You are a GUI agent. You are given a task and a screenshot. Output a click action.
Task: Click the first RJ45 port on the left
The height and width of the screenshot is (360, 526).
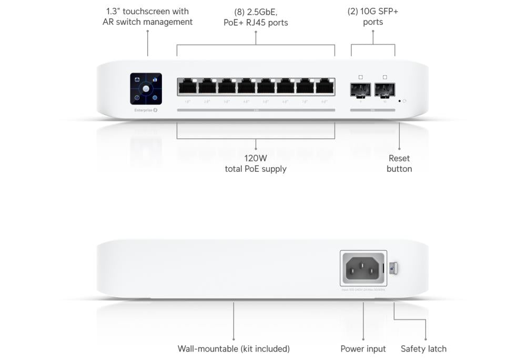pyautogui.click(x=187, y=87)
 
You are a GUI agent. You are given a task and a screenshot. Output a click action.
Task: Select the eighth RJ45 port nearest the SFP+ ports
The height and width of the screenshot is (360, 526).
pyautogui.click(x=325, y=87)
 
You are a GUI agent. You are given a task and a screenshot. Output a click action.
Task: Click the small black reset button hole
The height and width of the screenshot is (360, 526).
pyautogui.click(x=399, y=101)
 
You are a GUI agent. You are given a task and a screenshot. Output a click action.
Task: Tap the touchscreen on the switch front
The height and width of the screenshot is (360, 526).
pyautogui.click(x=146, y=89)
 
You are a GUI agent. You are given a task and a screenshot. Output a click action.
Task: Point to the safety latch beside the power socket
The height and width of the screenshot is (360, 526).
pyautogui.click(x=394, y=268)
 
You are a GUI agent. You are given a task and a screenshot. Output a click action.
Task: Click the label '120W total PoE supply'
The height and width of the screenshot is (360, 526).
pyautogui.click(x=256, y=163)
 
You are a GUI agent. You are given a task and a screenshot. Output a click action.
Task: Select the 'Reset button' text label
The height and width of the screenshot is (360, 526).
pyautogui.click(x=399, y=163)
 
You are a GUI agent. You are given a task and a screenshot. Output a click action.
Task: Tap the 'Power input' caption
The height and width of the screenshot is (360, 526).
pyautogui.click(x=363, y=348)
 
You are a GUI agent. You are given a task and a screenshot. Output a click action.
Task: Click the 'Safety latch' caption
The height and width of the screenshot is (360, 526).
pyautogui.click(x=423, y=348)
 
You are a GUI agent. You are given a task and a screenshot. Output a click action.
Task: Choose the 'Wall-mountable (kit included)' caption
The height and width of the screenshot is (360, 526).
pyautogui.click(x=234, y=348)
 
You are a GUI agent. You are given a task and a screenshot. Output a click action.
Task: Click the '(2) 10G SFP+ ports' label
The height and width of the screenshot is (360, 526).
pyautogui.click(x=373, y=17)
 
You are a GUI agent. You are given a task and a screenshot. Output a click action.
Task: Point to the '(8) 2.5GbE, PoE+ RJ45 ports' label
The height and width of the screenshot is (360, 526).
pyautogui.click(x=256, y=17)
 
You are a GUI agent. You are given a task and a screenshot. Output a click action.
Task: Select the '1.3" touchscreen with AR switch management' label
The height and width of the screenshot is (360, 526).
pyautogui.click(x=147, y=17)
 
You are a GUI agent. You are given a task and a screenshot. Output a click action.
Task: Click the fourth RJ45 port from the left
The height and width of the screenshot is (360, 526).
pyautogui.click(x=246, y=87)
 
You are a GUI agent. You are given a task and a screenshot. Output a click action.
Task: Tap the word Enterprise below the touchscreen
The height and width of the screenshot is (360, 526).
pyautogui.click(x=143, y=110)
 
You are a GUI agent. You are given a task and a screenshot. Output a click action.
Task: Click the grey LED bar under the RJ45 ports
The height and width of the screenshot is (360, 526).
pyautogui.click(x=256, y=110)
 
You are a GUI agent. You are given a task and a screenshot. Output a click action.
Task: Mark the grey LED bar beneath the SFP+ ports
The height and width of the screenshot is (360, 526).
pyautogui.click(x=372, y=110)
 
